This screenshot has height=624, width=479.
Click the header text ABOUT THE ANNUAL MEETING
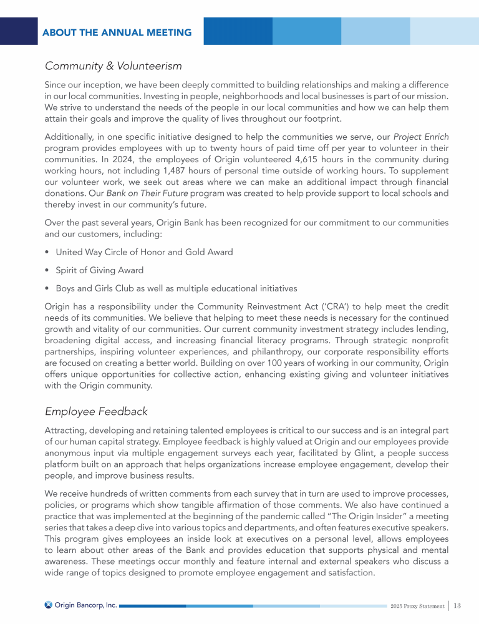coord(117,32)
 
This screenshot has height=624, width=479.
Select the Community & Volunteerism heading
coord(114,65)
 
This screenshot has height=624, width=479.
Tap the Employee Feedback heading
coord(96,411)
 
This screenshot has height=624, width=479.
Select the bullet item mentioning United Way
coord(144,252)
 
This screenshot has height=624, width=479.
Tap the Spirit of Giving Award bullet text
coord(100,270)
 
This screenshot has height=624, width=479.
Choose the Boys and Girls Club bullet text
coord(177,288)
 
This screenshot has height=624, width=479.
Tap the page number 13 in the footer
coord(457,605)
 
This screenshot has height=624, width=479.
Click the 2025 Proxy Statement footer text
coord(417,605)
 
